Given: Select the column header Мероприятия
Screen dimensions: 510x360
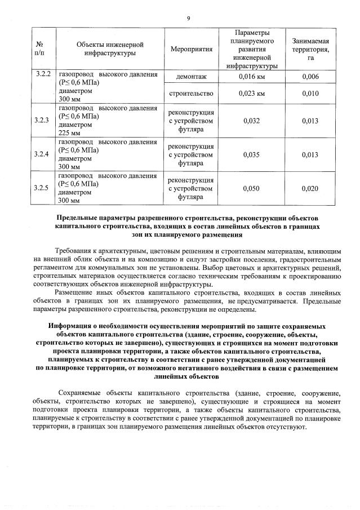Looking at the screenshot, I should [195, 50].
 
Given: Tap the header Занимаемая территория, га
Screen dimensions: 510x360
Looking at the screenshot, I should [310, 50].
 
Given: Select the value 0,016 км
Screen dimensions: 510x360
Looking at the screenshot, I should [252, 77].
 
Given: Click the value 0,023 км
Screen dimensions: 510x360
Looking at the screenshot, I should [252, 93].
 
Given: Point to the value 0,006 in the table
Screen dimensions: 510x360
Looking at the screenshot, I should [310, 77].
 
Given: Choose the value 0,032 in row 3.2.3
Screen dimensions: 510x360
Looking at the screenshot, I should [252, 121].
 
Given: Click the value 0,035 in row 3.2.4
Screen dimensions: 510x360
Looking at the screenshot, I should [252, 154].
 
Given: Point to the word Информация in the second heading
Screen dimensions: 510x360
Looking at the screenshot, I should [72, 326].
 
